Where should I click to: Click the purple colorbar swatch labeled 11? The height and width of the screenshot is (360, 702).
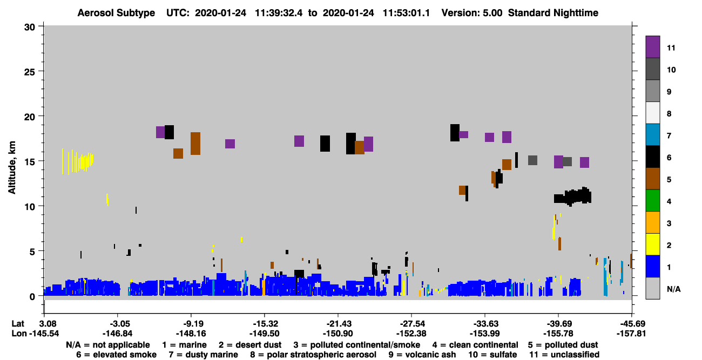click(x=652, y=47)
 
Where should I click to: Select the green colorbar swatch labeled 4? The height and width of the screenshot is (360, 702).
click(x=652, y=201)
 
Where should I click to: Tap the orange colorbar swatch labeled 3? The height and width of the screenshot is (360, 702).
click(x=652, y=222)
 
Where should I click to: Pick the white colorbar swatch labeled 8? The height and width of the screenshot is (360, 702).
click(x=652, y=113)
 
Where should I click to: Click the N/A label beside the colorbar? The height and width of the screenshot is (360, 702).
click(x=673, y=289)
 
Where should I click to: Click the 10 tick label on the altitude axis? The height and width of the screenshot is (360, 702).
click(x=30, y=207)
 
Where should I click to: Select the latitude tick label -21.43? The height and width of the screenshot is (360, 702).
click(x=339, y=324)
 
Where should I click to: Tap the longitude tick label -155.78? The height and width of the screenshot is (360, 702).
click(x=558, y=334)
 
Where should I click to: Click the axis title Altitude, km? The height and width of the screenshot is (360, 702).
click(x=11, y=168)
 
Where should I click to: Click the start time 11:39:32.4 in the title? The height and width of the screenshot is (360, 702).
click(x=279, y=13)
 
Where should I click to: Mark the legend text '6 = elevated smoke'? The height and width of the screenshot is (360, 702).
click(x=116, y=355)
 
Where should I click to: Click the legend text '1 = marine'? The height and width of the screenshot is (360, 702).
click(x=184, y=345)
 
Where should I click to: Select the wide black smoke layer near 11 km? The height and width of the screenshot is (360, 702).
click(x=572, y=197)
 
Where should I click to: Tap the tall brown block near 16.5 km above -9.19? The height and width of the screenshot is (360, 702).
click(x=195, y=144)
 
